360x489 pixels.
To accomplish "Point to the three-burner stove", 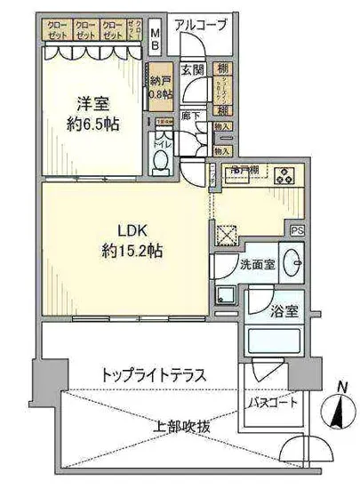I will (286, 175).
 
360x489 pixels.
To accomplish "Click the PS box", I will (298, 228).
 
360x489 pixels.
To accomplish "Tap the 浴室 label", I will (284, 311).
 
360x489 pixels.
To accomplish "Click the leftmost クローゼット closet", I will (57, 31).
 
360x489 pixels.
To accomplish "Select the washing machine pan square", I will (226, 296).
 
